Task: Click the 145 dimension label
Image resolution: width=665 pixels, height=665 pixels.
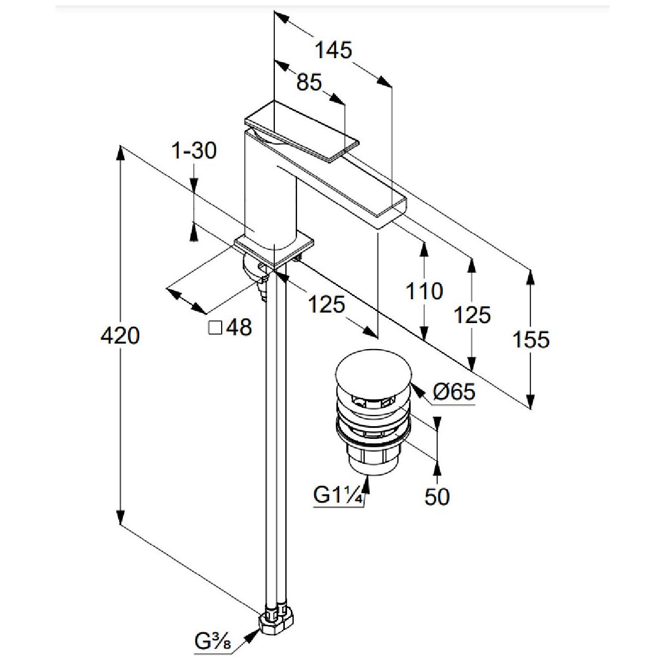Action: [333, 50]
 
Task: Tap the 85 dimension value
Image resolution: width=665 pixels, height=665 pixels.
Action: [309, 83]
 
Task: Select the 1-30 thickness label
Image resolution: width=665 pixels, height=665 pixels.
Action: [194, 150]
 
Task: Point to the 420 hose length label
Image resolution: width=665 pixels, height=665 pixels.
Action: [120, 335]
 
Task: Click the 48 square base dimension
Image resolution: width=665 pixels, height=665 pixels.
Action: [239, 328]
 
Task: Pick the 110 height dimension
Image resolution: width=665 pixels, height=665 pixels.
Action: [424, 291]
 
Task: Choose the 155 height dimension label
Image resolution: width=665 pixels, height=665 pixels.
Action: [531, 339]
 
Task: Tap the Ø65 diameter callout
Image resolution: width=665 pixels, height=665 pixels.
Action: [454, 392]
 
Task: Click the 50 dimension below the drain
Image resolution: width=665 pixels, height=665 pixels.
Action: [437, 497]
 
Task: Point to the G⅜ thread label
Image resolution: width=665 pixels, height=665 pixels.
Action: [212, 643]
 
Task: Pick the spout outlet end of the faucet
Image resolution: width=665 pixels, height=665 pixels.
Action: [391, 214]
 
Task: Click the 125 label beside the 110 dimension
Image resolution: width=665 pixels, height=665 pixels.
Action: [472, 315]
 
